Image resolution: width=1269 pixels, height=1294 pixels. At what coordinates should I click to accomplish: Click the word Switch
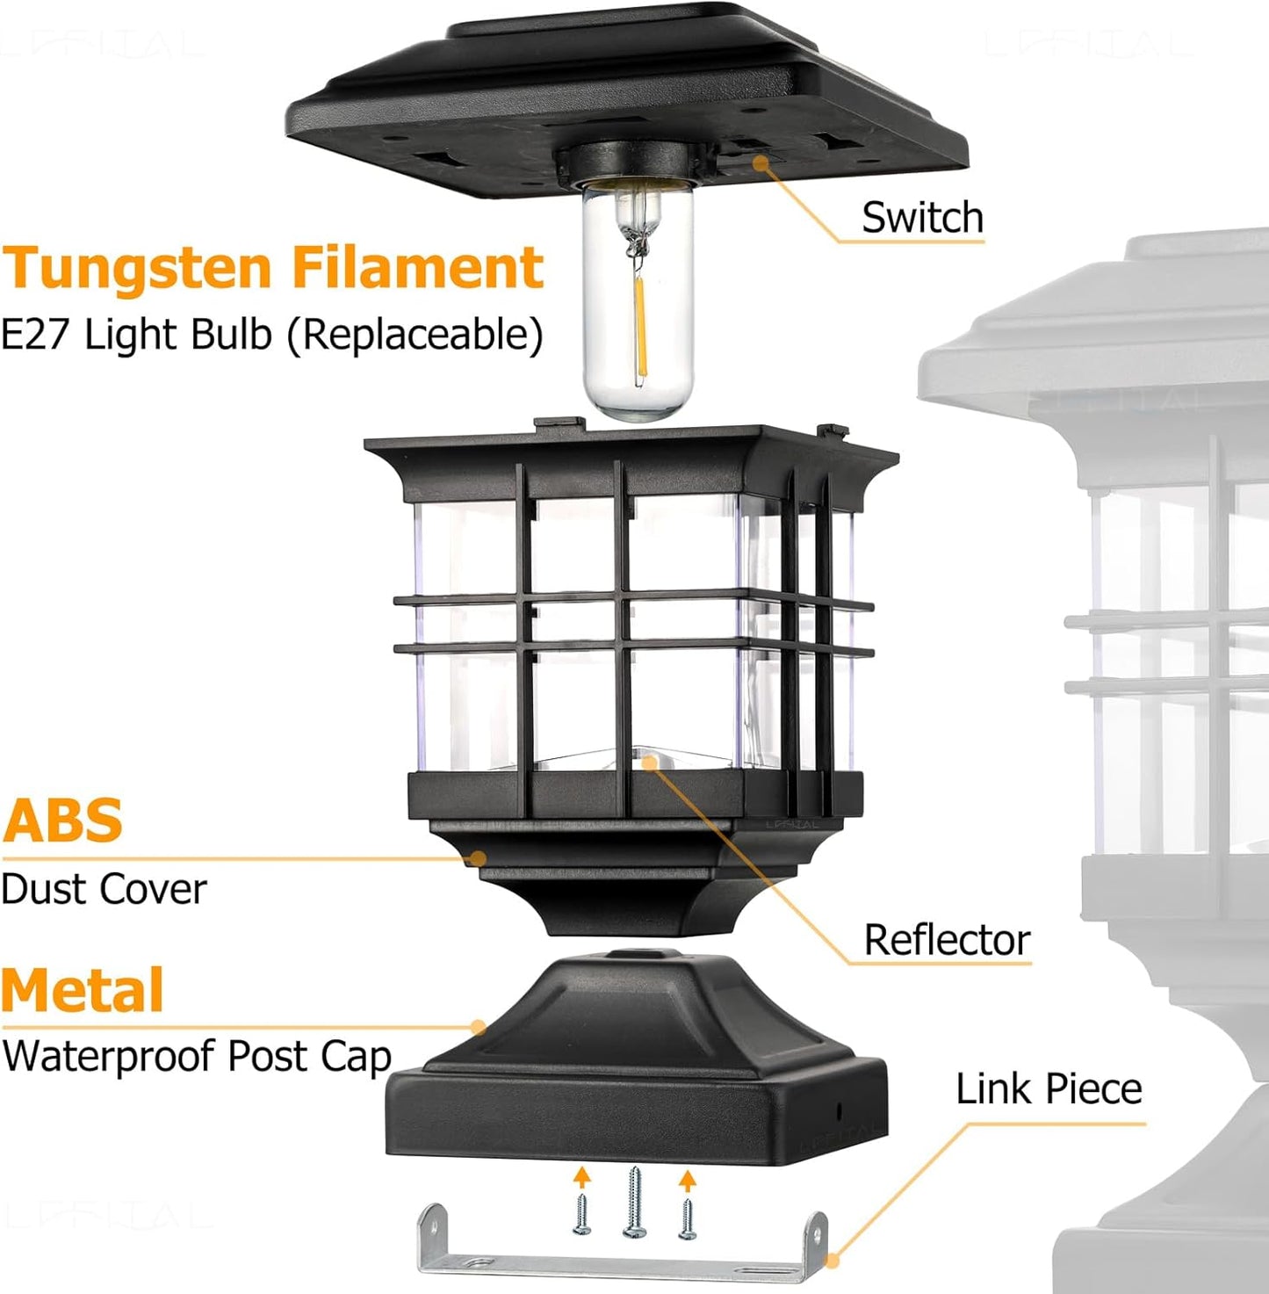[x=922, y=218]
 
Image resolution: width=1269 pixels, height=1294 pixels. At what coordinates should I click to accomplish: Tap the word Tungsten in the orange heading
[x=137, y=269]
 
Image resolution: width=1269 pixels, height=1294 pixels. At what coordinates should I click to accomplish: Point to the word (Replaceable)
[x=415, y=336]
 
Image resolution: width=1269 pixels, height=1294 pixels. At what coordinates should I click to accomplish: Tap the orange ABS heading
[x=62, y=820]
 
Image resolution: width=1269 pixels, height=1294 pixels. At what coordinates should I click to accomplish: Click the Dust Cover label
[x=104, y=889]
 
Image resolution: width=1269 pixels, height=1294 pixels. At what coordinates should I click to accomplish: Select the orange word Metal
[x=83, y=990]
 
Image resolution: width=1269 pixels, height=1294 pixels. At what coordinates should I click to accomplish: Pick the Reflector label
[x=947, y=940]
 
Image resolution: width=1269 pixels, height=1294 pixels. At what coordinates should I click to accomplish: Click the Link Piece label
[x=1049, y=1089]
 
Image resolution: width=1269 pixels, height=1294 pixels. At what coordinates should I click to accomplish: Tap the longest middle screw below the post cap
[x=634, y=1203]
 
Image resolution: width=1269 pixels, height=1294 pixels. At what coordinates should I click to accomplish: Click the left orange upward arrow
[x=581, y=1177]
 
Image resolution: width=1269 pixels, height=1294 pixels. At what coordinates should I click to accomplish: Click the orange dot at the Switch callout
[x=758, y=162]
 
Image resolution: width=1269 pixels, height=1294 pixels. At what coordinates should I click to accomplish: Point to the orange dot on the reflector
[x=650, y=762]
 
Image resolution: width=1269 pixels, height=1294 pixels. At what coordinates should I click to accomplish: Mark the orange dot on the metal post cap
[x=479, y=1026]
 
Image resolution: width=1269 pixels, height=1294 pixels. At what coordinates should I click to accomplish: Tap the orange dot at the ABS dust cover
[x=479, y=858]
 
